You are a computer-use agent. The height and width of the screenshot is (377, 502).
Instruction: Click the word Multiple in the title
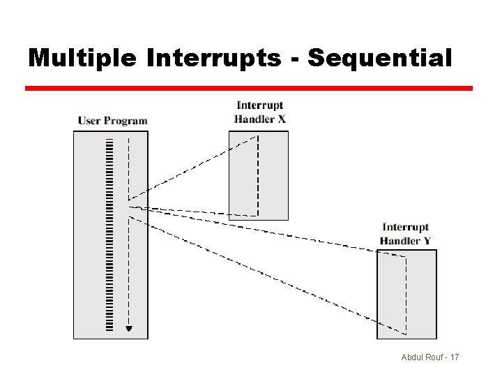(82, 58)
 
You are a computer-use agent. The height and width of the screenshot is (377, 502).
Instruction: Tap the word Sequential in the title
(380, 58)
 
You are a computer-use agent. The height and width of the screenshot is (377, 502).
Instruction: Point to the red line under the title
(249, 89)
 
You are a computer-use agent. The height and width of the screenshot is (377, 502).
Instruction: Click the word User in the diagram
(90, 120)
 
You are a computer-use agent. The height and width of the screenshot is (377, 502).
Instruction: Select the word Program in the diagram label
(126, 121)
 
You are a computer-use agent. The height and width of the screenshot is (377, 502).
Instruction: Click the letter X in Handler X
(282, 119)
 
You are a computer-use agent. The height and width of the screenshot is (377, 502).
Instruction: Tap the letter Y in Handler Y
(427, 240)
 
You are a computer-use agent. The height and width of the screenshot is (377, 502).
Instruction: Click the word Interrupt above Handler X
(260, 105)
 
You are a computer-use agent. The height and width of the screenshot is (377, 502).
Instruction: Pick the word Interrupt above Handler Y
(405, 227)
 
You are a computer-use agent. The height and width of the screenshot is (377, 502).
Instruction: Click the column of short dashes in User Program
(109, 234)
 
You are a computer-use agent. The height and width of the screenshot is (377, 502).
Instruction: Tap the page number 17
(455, 357)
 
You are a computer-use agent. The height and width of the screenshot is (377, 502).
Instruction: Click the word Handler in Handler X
(254, 119)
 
